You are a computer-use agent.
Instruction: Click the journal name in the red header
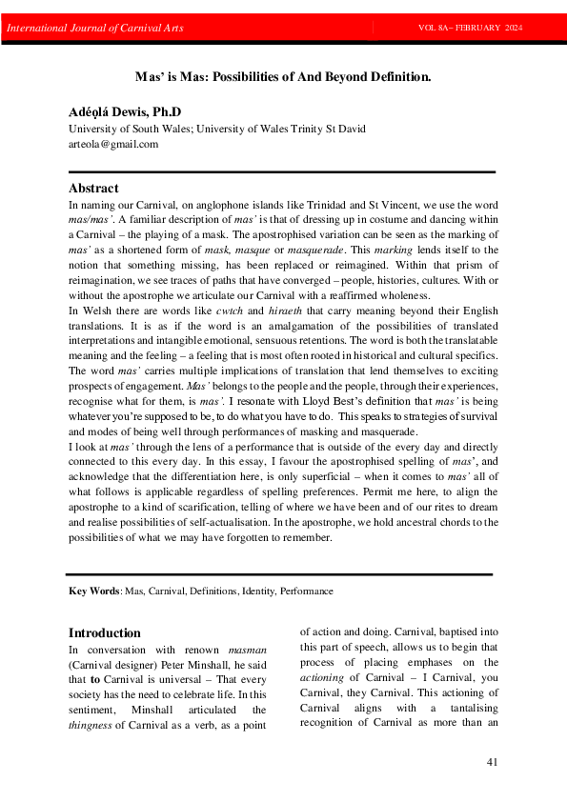coord(95,28)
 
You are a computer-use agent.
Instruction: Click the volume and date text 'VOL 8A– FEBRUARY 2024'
coord(470,28)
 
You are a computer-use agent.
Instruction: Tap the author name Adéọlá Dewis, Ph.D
coord(125,112)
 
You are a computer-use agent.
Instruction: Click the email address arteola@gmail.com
coord(113,144)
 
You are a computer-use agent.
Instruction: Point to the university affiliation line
coord(216,129)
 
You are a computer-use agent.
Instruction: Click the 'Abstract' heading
coord(93,188)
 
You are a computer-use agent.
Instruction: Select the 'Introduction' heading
coord(105,632)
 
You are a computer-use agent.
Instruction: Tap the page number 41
coord(492,761)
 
